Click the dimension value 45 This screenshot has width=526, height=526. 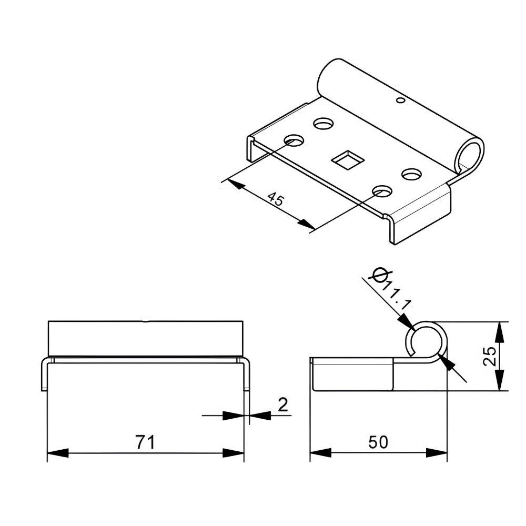[x=276, y=199]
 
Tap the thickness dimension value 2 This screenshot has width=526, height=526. [x=282, y=405]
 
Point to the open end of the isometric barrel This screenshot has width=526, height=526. [x=470, y=153]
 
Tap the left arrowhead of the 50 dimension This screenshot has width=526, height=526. [x=320, y=453]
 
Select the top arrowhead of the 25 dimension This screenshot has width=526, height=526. [x=500, y=331]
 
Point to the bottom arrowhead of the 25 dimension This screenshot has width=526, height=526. [x=500, y=381]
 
